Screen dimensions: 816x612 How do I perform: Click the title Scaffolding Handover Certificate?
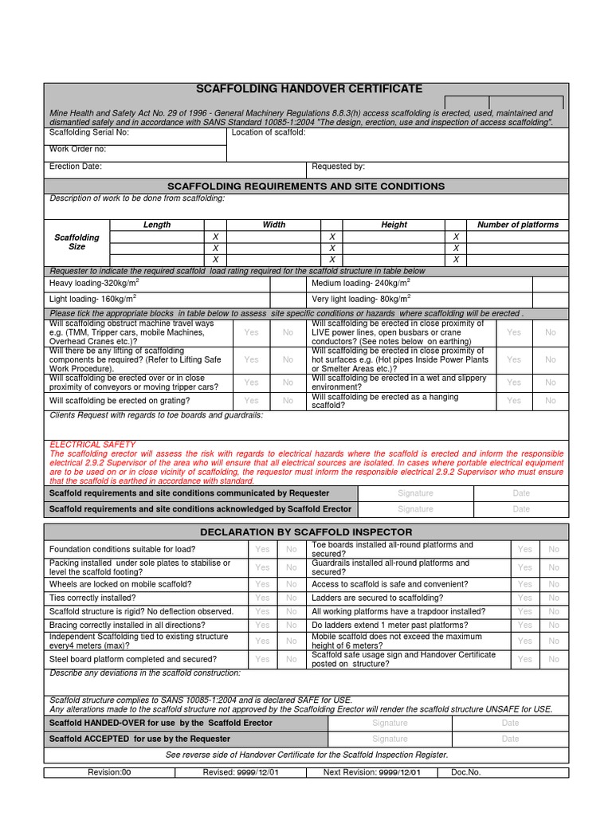309,89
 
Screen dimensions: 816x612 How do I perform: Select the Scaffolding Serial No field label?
88,133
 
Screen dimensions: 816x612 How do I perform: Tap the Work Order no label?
77,149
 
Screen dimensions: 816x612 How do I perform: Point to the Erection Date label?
76,167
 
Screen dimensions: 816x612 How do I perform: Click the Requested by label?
338,167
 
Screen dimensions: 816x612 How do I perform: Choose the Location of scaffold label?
269,133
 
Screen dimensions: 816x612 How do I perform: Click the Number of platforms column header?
518,225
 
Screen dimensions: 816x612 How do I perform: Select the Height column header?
394,225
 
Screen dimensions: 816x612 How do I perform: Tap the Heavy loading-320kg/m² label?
95,283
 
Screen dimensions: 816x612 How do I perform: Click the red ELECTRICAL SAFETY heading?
92,445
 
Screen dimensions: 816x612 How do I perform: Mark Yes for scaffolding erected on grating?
251,401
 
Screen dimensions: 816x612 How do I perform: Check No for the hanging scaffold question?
551,401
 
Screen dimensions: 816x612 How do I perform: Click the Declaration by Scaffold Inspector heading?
306,532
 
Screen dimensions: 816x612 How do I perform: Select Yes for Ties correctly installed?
262,598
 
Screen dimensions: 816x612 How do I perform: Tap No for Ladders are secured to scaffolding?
554,598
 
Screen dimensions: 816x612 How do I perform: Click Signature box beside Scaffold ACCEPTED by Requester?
390,739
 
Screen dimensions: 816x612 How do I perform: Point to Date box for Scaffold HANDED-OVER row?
510,723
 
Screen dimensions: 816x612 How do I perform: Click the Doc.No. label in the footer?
465,772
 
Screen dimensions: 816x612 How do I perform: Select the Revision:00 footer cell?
108,772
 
